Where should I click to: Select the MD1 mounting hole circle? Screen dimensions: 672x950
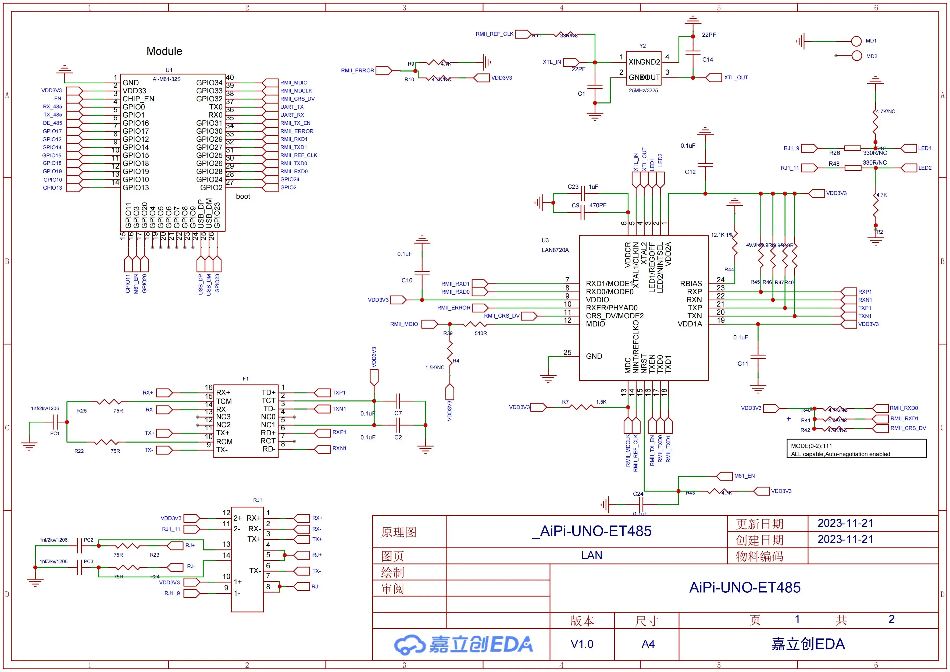(x=856, y=41)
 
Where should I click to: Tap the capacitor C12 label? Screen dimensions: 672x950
(x=690, y=172)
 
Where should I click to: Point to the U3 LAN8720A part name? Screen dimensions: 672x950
(x=555, y=250)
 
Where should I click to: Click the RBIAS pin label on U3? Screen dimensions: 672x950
(x=691, y=283)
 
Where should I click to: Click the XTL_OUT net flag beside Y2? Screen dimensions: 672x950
(x=714, y=77)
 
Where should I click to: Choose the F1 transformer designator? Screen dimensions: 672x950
(x=245, y=379)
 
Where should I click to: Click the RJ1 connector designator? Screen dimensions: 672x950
(x=257, y=500)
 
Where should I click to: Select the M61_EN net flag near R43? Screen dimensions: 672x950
(x=724, y=476)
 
